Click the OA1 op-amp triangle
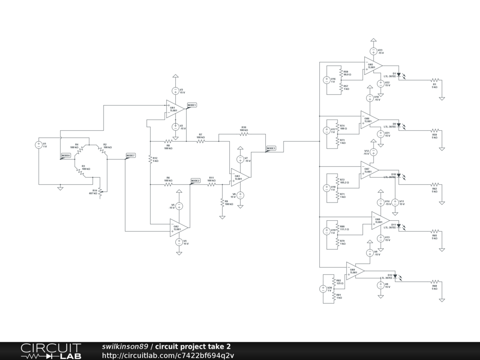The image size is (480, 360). click(174, 109)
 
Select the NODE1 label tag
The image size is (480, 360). click(192, 105)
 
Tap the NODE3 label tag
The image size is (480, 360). click(271, 148)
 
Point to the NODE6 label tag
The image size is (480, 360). click(66, 155)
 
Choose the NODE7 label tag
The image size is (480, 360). click(130, 155)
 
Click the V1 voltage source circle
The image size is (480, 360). click(39, 145)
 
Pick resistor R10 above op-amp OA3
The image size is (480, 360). click(244, 134)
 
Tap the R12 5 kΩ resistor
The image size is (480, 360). click(150, 160)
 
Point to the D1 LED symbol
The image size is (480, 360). click(399, 74)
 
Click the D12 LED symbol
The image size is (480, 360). click(395, 276)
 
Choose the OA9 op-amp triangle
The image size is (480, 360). click(354, 270)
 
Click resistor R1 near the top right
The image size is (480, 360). click(435, 81)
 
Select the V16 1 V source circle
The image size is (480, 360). click(326, 80)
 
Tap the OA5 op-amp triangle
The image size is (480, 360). click(372, 65)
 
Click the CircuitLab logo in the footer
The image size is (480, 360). click(51, 351)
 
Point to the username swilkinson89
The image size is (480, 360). click(125, 346)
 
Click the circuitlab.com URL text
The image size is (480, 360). click(168, 355)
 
